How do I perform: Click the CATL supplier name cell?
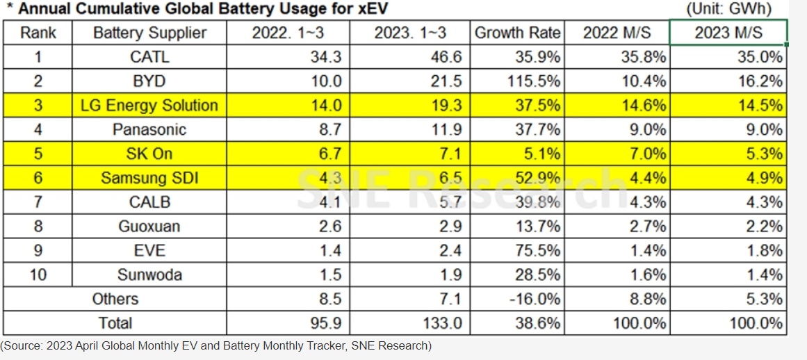click(x=149, y=57)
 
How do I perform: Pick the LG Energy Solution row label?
click(x=149, y=106)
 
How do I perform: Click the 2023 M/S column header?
click(x=728, y=33)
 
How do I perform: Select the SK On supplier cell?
click(x=149, y=154)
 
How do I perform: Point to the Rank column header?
click(x=38, y=33)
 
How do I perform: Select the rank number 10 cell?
click(x=38, y=275)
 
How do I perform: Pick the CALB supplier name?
click(x=149, y=202)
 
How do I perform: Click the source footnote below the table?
click(x=216, y=346)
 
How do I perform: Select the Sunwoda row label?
click(x=149, y=275)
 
